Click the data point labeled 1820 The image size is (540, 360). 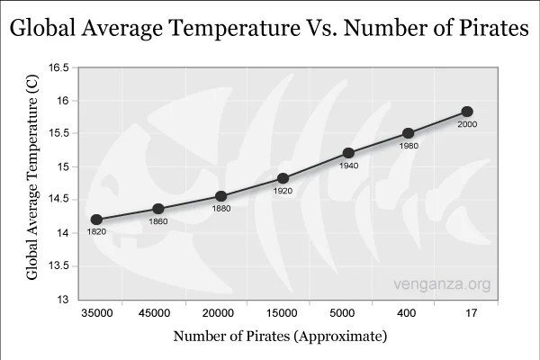(x=96, y=220)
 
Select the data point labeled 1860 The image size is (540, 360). (x=158, y=209)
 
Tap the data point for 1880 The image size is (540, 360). (x=221, y=196)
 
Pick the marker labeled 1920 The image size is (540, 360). (x=283, y=178)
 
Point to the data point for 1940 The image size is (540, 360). (x=348, y=153)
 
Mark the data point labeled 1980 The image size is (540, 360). (x=409, y=133)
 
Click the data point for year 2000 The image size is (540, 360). (x=467, y=112)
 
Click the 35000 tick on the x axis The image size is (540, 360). (x=94, y=313)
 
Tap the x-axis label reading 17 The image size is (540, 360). (x=470, y=313)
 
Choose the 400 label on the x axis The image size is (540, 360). (x=407, y=313)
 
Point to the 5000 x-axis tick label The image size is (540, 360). (x=345, y=313)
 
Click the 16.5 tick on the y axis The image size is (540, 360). (x=58, y=67)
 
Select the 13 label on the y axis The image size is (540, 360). (x=62, y=299)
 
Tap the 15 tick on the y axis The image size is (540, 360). (x=62, y=166)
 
